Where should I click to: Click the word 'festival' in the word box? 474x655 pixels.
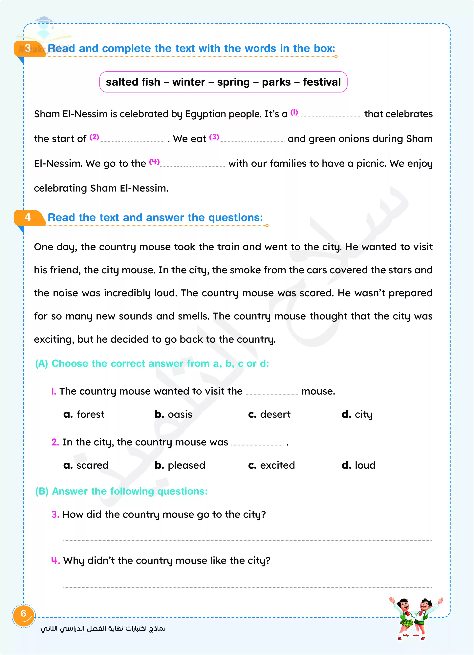point(321,82)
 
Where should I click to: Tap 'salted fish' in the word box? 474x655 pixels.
point(133,82)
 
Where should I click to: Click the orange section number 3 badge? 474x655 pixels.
point(28,49)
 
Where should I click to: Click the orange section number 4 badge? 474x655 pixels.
point(28,217)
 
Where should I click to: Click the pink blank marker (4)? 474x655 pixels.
point(154,162)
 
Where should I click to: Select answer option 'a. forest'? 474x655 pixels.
point(84,414)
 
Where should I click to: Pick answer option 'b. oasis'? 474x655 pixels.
point(173,414)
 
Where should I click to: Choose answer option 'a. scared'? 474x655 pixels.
point(86,465)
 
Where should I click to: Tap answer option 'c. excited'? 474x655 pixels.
point(271,465)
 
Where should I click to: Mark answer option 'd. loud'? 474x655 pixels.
point(358,465)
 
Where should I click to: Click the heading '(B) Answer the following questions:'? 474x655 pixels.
point(121,491)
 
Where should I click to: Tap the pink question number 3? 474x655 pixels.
point(55,515)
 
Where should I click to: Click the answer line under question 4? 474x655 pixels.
point(248,587)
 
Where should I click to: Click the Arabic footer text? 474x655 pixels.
point(103,629)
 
